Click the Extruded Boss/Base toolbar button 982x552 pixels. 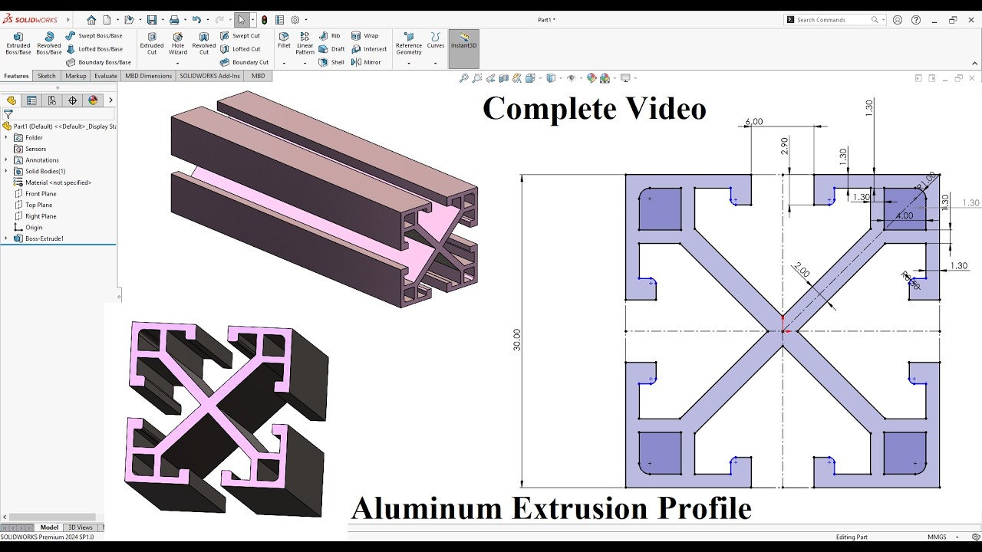pos(18,44)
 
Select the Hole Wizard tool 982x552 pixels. pos(178,44)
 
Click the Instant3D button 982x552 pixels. pos(463,43)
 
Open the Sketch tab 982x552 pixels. pos(47,76)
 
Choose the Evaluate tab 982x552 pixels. pos(105,76)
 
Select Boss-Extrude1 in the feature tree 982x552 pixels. pos(44,238)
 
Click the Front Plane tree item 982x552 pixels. pos(41,194)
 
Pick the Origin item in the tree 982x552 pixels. pos(34,228)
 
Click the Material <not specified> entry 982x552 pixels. pos(58,182)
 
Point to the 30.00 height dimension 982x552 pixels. pos(517,340)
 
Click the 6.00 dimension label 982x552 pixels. pos(753,122)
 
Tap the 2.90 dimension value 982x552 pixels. pos(784,146)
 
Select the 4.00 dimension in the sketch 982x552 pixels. pos(905,215)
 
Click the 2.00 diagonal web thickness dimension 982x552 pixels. pos(802,270)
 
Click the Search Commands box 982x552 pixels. pos(832,20)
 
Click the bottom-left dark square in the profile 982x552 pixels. pos(660,453)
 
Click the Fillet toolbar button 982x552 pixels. pos(284,40)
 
